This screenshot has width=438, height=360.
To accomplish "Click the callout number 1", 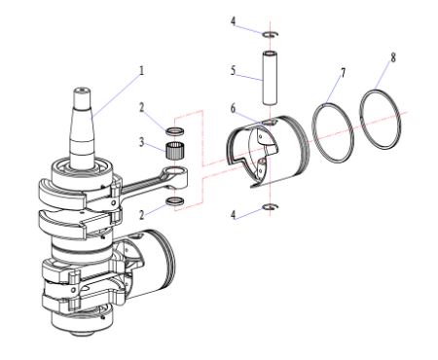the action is [x=141, y=71].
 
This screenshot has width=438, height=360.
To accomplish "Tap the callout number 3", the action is [x=141, y=142].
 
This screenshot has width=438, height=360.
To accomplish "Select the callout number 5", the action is [x=233, y=71].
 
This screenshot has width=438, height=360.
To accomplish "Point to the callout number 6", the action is [x=233, y=109].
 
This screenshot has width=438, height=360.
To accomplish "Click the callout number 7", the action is [x=344, y=73].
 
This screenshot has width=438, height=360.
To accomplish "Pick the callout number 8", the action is [x=393, y=58].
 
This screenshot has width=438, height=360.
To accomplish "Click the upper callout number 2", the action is [x=141, y=108].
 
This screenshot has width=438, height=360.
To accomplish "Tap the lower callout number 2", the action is [x=141, y=215].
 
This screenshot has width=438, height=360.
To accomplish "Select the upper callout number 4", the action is [x=233, y=21].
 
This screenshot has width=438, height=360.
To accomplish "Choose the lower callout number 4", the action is [x=233, y=215].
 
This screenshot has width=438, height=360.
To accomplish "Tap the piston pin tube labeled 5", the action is [x=270, y=78].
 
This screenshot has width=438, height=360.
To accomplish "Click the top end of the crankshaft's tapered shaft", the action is [x=81, y=90].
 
